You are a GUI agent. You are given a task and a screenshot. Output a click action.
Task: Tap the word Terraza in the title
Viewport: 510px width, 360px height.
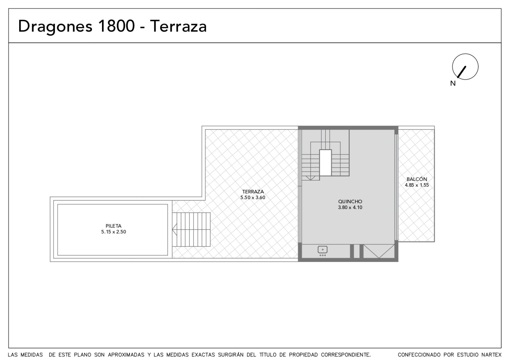[x=178, y=26]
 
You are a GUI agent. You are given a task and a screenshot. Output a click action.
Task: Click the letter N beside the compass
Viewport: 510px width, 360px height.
[x=453, y=83]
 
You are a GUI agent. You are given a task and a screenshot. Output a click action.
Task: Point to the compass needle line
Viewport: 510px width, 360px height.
[x=462, y=72]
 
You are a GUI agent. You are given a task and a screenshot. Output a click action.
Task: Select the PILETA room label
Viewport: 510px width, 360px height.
[x=113, y=226]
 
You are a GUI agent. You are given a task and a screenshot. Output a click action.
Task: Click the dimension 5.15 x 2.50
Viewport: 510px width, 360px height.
[x=113, y=232]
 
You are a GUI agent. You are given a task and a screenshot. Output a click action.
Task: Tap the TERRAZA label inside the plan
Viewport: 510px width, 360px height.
[x=253, y=191]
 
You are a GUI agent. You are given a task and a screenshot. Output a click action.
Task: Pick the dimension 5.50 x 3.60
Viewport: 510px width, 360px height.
[x=253, y=198]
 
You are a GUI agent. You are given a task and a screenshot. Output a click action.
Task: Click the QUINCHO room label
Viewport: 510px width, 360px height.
[x=350, y=201]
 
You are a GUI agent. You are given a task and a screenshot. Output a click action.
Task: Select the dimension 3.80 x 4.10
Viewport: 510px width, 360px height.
[x=350, y=207]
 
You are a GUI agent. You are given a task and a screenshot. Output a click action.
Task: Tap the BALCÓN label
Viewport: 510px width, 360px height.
[x=417, y=179]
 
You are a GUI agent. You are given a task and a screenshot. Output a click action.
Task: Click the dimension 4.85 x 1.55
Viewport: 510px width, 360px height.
[x=417, y=185]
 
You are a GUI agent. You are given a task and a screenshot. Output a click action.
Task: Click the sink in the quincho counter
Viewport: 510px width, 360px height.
[x=323, y=250]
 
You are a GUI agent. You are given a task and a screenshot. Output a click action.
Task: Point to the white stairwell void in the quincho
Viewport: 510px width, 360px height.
[x=325, y=162]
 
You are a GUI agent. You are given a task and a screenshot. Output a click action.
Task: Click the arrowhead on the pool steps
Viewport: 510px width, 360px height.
[x=175, y=229]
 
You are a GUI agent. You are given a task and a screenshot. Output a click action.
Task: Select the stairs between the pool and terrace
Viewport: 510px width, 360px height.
[x=191, y=229]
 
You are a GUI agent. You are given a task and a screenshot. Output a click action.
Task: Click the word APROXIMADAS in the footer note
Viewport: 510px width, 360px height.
[x=126, y=355]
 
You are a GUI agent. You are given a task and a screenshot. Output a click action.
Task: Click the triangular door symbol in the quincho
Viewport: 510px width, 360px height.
[x=379, y=251]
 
